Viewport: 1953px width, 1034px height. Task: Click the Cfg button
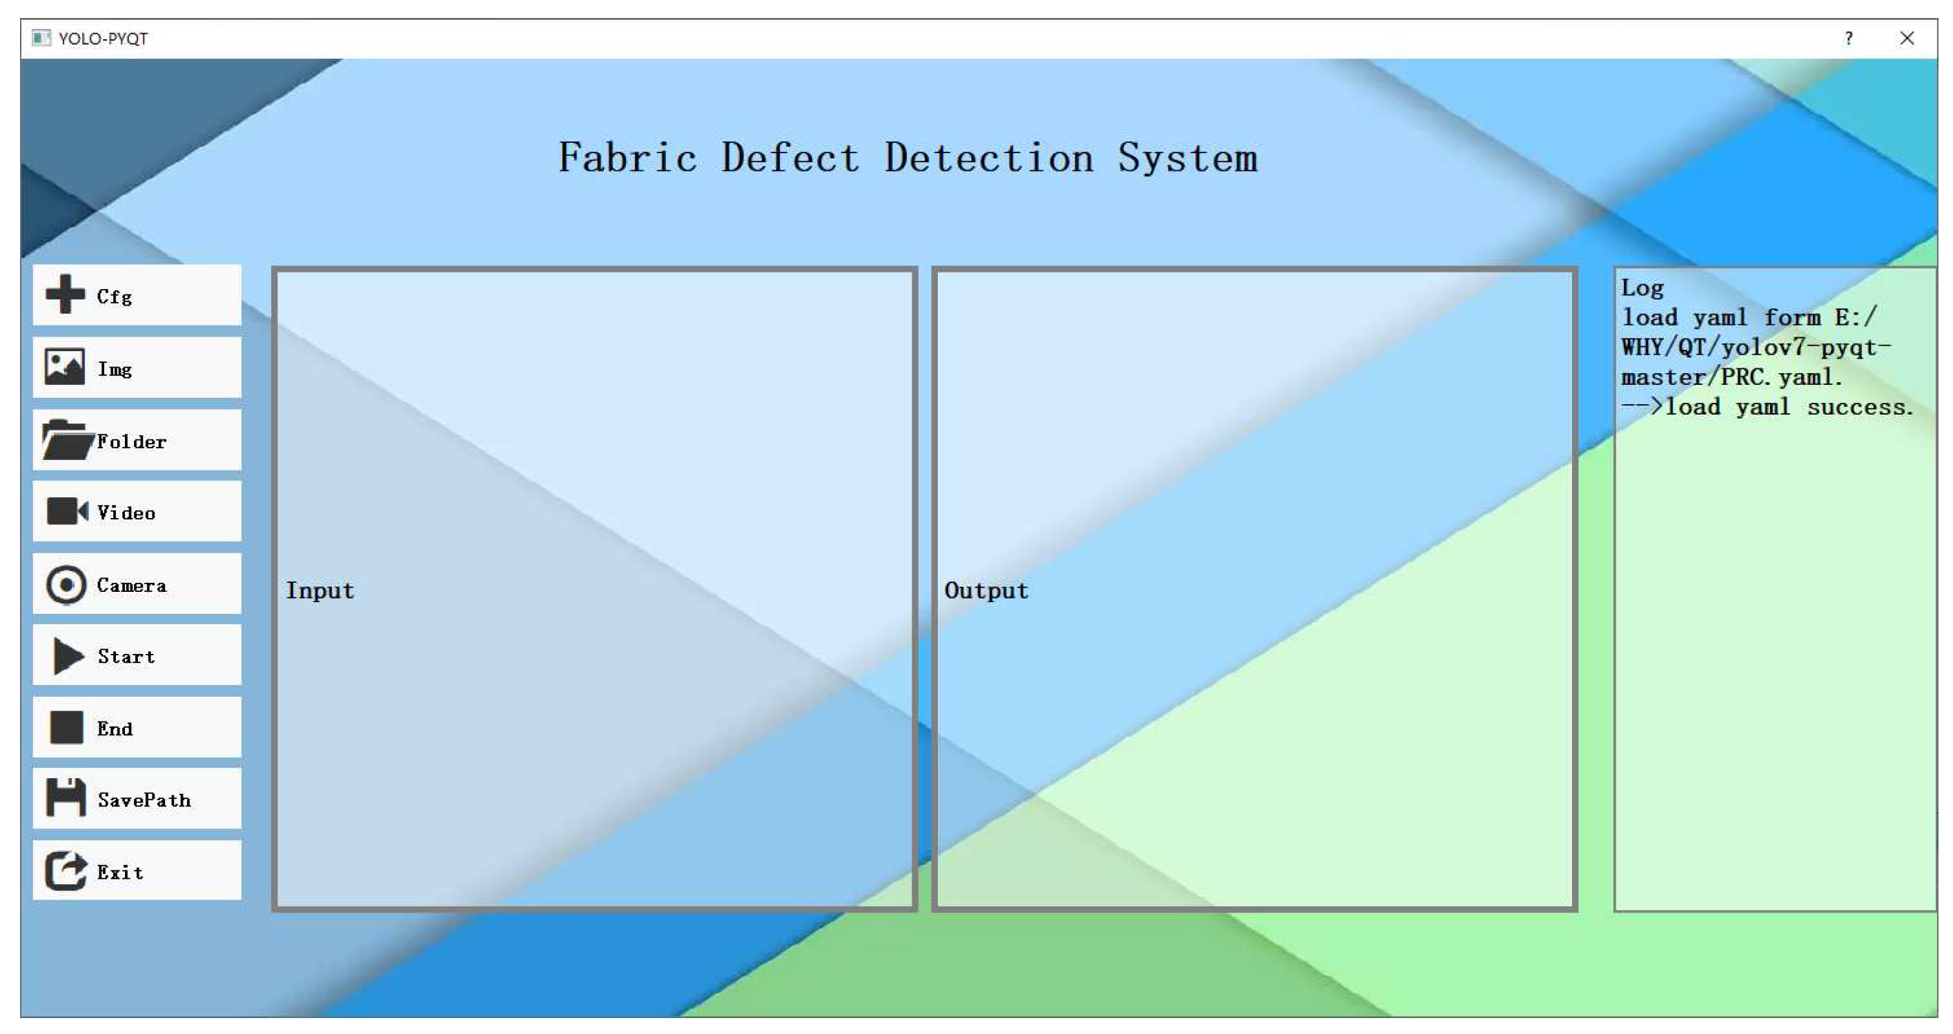tap(137, 295)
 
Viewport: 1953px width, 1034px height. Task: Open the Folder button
tap(137, 441)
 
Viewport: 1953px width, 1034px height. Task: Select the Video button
tap(137, 512)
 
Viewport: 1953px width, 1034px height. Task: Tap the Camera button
tap(137, 584)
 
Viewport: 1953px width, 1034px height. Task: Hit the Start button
tap(137, 656)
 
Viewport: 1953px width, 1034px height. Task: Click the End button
tap(137, 728)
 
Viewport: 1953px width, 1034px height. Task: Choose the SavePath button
tap(137, 799)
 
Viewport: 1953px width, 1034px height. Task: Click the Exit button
tap(137, 871)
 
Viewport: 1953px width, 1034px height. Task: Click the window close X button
tap(1907, 39)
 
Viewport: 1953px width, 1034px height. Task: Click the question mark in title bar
tap(1849, 39)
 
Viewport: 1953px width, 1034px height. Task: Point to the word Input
tap(320, 590)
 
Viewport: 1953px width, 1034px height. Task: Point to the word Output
tap(985, 590)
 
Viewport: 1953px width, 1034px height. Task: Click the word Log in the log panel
tap(1642, 288)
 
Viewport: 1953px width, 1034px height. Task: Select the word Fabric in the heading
tap(627, 159)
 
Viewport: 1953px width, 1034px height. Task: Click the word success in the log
tap(1859, 407)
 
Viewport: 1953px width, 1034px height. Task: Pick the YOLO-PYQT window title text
tap(103, 39)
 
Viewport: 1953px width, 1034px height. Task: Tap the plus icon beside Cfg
tap(65, 294)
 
